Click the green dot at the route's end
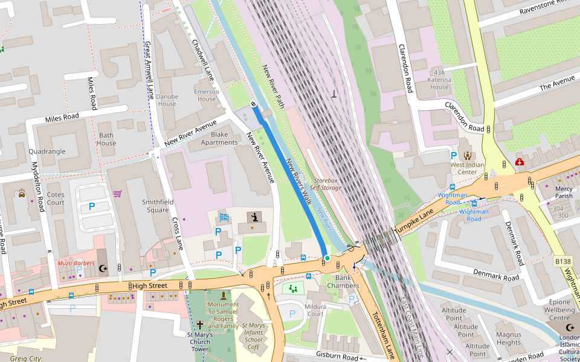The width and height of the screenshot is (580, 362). coord(327,258)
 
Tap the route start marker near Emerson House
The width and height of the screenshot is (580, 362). coord(253,105)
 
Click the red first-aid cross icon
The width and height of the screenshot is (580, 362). coord(519,162)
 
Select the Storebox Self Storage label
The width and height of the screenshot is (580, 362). coord(326,184)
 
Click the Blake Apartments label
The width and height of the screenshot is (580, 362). coord(219,138)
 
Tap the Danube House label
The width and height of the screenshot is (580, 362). coord(167,100)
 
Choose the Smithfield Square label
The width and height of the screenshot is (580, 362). coord(155,206)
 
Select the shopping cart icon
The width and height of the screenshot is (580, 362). coord(117,194)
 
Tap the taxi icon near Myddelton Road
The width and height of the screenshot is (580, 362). coord(22,194)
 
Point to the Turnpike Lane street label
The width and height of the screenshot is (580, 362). coord(414,222)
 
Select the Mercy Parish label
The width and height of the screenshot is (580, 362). coord(563,192)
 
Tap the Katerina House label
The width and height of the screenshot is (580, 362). coord(439,83)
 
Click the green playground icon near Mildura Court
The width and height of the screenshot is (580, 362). coord(294,288)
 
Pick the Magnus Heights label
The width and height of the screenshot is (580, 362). coord(508,338)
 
